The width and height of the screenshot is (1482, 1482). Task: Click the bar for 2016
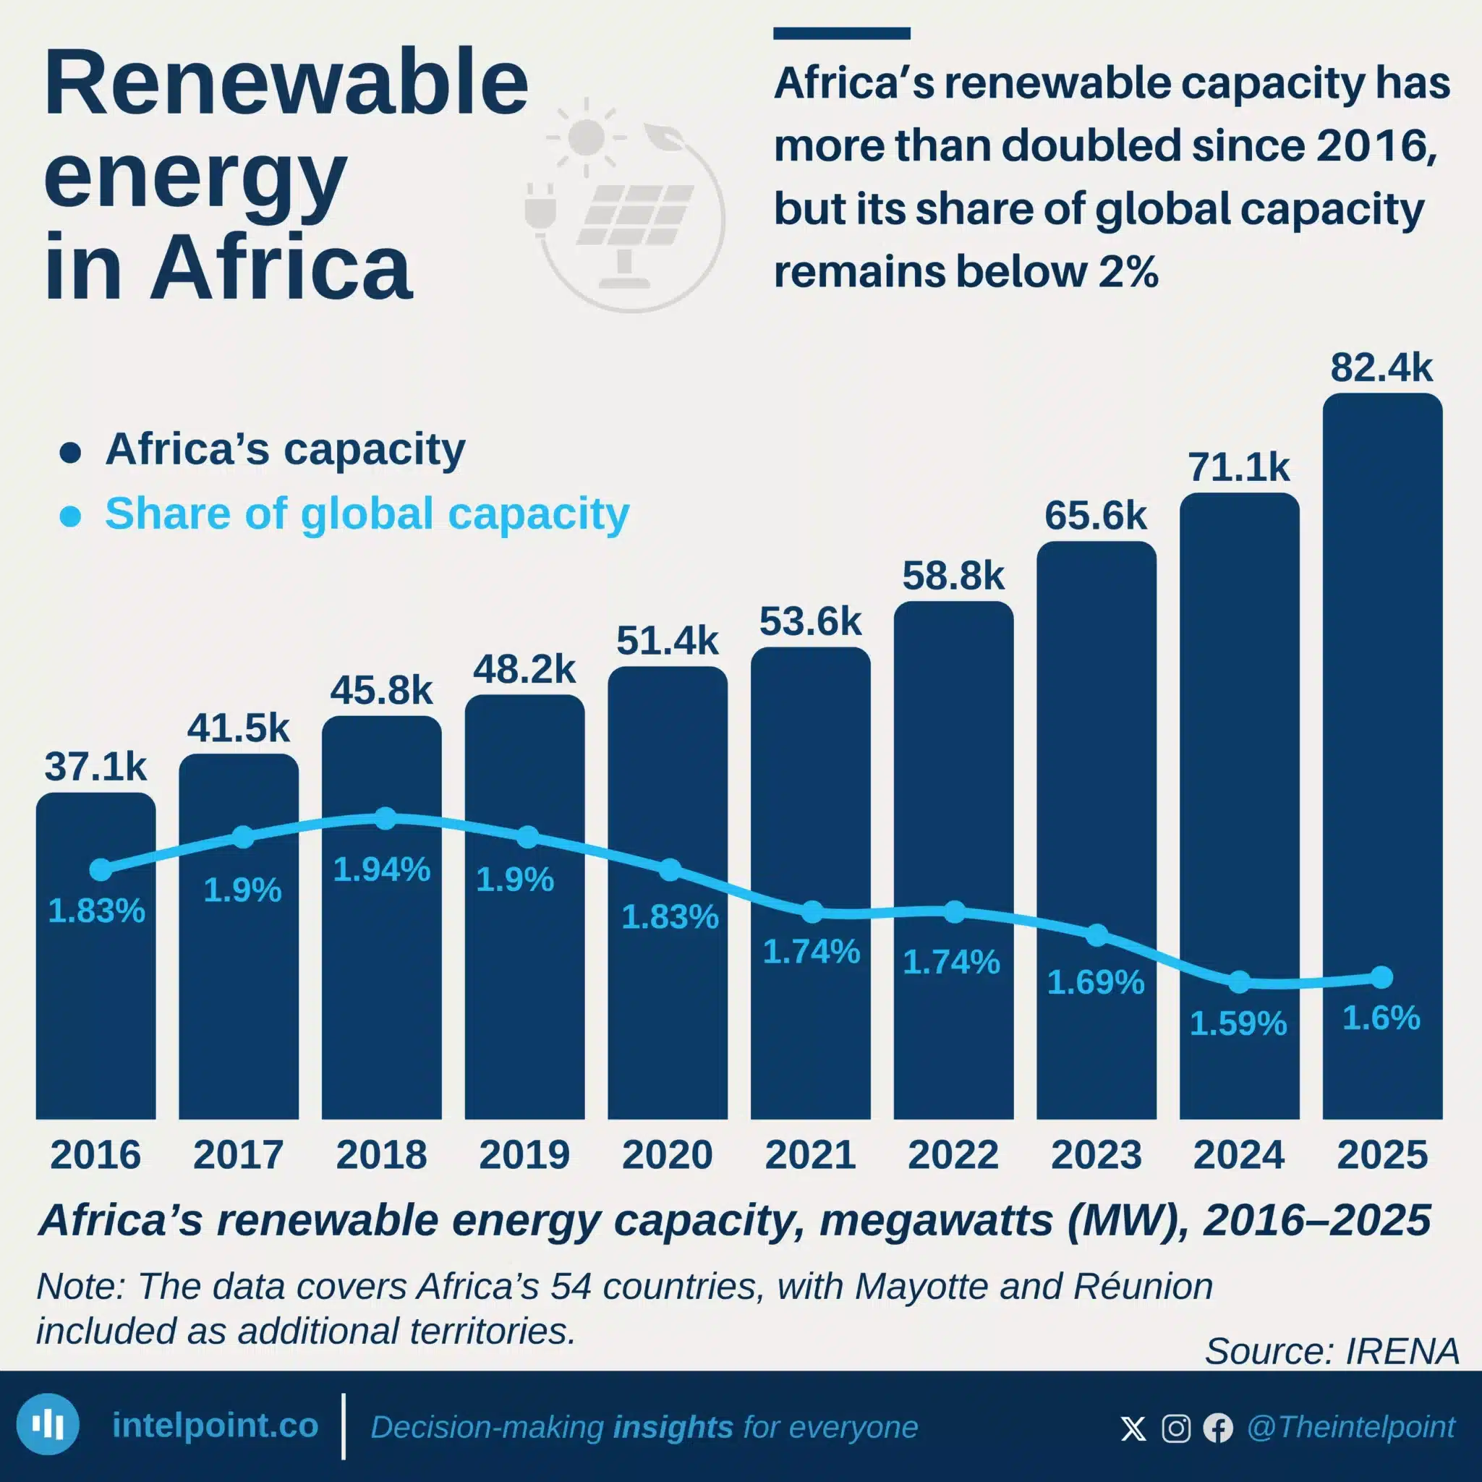[x=96, y=955]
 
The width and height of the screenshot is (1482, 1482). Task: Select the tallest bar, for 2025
[x=1382, y=757]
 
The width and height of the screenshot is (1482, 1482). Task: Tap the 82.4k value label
[x=1381, y=367]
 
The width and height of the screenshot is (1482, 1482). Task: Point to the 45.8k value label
[x=381, y=691]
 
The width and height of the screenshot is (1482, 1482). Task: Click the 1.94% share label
[x=381, y=870]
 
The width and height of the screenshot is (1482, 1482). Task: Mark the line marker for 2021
[x=812, y=912]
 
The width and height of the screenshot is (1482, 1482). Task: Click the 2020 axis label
[x=668, y=1154]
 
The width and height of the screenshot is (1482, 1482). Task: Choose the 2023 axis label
[x=1096, y=1154]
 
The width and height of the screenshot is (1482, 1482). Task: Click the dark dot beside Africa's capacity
[x=71, y=453]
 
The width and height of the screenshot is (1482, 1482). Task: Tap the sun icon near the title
[x=587, y=137]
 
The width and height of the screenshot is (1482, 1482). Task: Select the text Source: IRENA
[x=1332, y=1351]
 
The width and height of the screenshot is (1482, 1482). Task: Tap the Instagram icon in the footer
[x=1176, y=1428]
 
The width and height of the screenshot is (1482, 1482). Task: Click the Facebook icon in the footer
[x=1217, y=1428]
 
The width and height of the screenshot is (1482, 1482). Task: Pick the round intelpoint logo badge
[x=48, y=1424]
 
